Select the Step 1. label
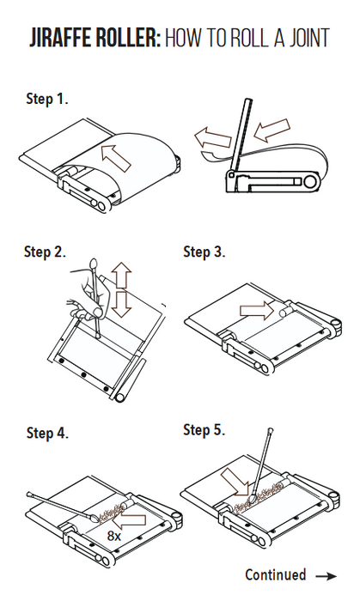pyautogui.click(x=47, y=99)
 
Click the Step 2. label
pyautogui.click(x=45, y=252)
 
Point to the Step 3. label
pyautogui.click(x=204, y=252)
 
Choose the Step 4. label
pyautogui.click(x=47, y=433)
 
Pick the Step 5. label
pyautogui.click(x=204, y=429)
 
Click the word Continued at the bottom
pyautogui.click(x=275, y=574)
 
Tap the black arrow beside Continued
pyautogui.click(x=326, y=576)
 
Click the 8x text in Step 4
pyautogui.click(x=114, y=536)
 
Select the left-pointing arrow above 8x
pyautogui.click(x=129, y=520)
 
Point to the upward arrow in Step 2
pyautogui.click(x=121, y=276)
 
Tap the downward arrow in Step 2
pyautogui.click(x=121, y=304)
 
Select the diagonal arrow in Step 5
pyautogui.click(x=235, y=483)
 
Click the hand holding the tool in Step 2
pyautogui.click(x=86, y=294)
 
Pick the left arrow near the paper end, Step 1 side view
pyautogui.click(x=212, y=138)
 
